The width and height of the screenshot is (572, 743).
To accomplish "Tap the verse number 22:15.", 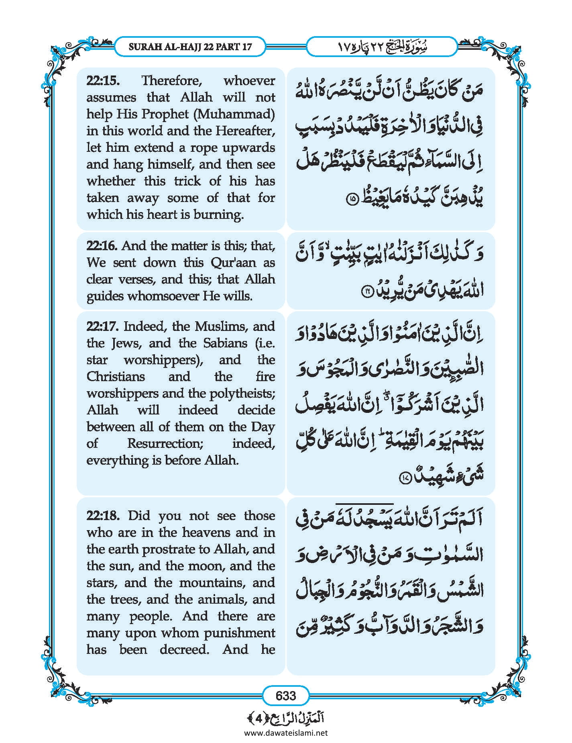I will pyautogui.click(x=103, y=81).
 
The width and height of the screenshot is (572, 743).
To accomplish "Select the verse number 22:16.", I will pyautogui.click(x=103, y=246).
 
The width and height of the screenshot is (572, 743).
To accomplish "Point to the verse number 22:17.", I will pyautogui.click(x=103, y=326).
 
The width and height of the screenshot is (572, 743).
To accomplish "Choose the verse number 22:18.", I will pyautogui.click(x=103, y=515).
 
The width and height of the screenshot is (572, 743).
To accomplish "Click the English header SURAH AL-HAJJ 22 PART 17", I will pyautogui.click(x=190, y=47).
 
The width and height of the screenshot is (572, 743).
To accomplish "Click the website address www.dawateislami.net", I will pyautogui.click(x=286, y=733).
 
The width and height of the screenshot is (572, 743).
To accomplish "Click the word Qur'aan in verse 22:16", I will pyautogui.click(x=233, y=263).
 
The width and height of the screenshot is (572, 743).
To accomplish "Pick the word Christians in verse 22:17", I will pyautogui.click(x=116, y=377).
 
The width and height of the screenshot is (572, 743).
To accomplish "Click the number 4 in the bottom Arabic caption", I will pyautogui.click(x=259, y=718).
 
